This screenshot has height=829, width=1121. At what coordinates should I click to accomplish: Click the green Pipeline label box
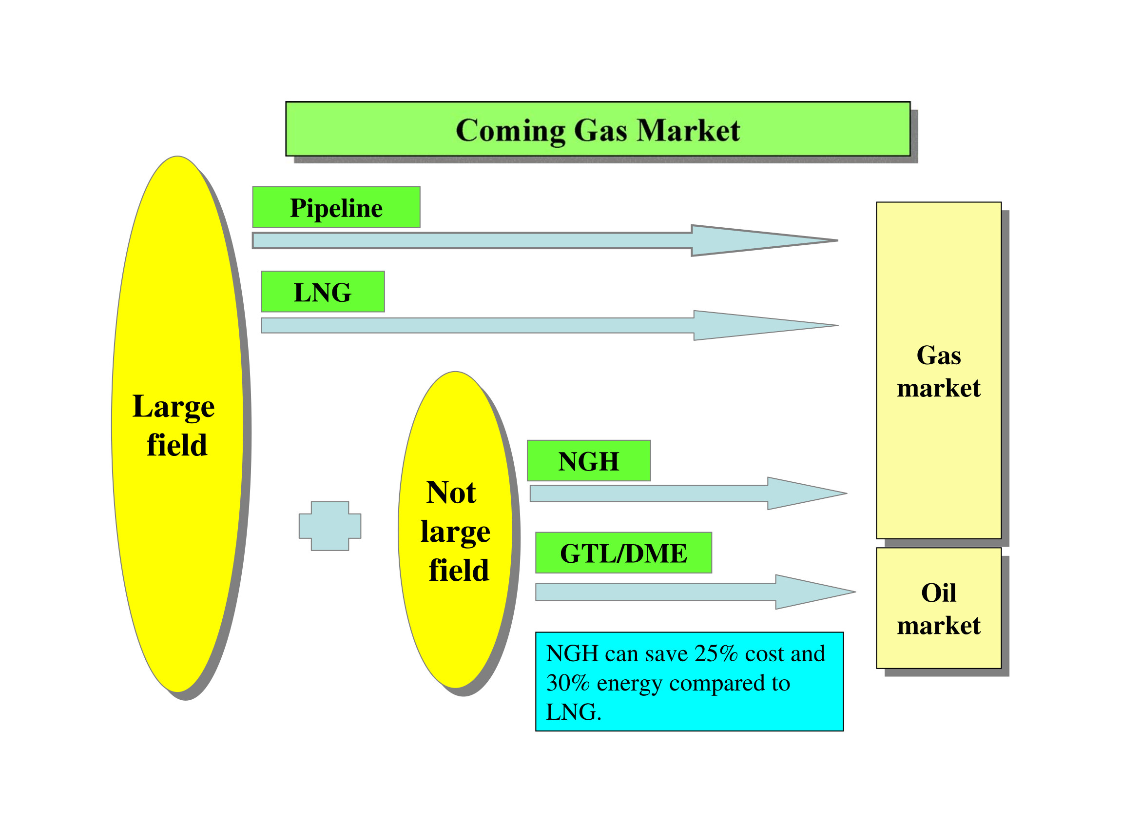336,207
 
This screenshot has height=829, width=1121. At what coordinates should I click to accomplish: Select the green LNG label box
323,292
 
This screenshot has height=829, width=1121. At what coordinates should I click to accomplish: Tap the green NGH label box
588,461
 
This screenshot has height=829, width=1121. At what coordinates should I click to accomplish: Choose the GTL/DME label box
623,553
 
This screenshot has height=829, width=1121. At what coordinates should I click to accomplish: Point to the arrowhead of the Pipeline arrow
762,240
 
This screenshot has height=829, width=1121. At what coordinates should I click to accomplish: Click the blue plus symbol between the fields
329,526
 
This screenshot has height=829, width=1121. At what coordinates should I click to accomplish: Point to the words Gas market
938,372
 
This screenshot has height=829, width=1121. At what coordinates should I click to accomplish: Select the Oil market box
938,608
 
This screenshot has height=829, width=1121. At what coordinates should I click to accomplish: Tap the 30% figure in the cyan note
567,683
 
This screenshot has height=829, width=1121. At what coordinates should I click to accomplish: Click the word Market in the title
688,131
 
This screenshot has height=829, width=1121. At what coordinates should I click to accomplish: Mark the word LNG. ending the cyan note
573,712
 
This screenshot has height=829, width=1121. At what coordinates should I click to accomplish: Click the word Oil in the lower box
938,592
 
